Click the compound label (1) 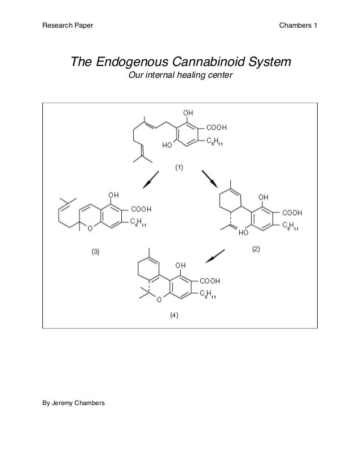(178, 168)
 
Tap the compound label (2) (255, 249)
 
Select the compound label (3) (96, 252)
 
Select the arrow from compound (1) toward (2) (210, 181)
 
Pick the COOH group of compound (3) (142, 208)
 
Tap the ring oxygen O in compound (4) (159, 300)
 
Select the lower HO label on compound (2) (243, 232)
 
